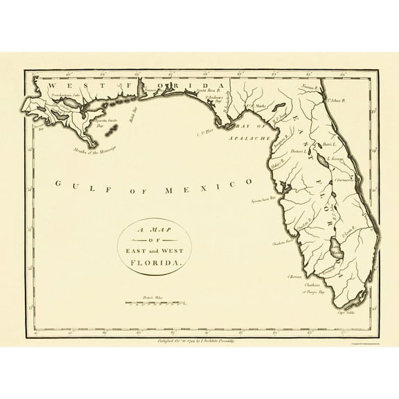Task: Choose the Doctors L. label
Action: click(x=299, y=151)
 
